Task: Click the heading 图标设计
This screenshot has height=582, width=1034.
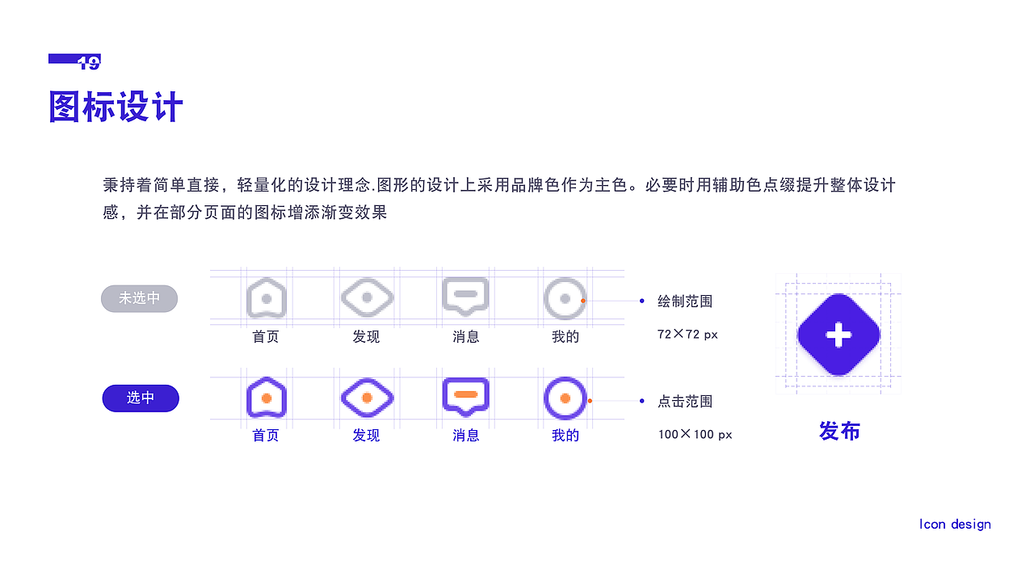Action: pyautogui.click(x=116, y=107)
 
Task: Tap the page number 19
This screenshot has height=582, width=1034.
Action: pyautogui.click(x=89, y=62)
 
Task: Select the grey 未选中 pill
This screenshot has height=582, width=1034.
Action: pyautogui.click(x=139, y=298)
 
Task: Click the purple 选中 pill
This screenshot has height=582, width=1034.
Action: pyautogui.click(x=141, y=398)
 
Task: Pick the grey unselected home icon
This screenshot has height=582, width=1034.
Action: pyautogui.click(x=266, y=297)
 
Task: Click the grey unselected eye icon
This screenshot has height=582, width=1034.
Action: pyautogui.click(x=366, y=297)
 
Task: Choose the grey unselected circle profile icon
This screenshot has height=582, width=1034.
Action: pyautogui.click(x=565, y=298)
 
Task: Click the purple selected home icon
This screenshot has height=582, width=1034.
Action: pyautogui.click(x=266, y=397)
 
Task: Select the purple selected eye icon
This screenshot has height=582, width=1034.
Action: pyautogui.click(x=366, y=397)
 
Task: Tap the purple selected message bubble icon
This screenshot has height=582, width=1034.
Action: pyautogui.click(x=466, y=396)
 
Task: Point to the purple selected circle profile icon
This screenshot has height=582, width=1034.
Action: pyautogui.click(x=565, y=398)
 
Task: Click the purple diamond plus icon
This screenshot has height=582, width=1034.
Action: pyautogui.click(x=839, y=335)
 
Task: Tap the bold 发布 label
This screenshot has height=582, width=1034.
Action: pyautogui.click(x=839, y=431)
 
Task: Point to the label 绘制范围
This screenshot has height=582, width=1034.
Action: pyautogui.click(x=685, y=302)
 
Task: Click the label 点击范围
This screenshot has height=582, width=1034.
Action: pyautogui.click(x=685, y=401)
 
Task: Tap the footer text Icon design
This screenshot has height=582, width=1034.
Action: pyautogui.click(x=955, y=524)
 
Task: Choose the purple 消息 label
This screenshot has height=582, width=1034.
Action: pyautogui.click(x=466, y=436)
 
